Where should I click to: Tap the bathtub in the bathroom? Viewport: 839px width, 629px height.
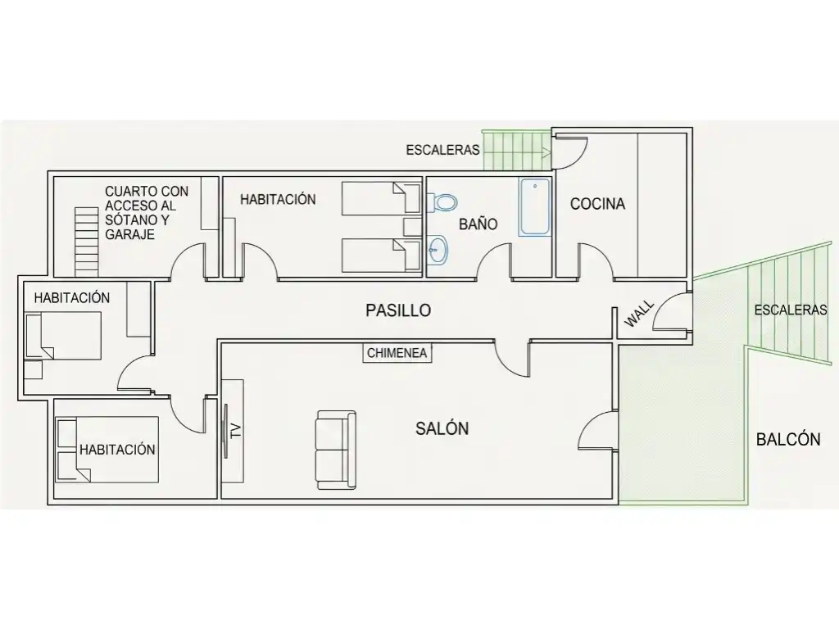coord(534,206)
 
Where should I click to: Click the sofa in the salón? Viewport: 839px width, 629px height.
coord(336,450)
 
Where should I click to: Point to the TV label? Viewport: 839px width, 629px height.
coord(235,431)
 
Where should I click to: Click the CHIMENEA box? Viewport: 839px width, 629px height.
coord(397,353)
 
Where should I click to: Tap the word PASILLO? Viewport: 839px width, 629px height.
coord(398,310)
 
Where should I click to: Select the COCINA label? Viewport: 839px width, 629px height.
coord(597,204)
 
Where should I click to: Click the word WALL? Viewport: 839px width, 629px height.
coord(639,314)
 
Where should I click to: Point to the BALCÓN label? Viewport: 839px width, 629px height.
coord(788,439)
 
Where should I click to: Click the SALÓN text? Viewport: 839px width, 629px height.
coord(442,428)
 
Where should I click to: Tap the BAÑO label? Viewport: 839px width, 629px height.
coord(478,224)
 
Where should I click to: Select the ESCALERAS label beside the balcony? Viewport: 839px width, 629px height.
coord(791,310)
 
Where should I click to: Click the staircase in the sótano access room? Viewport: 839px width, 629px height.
coord(87,242)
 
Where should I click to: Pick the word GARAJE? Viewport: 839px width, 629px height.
coord(129,234)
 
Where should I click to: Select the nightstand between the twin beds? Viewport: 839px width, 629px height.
coord(413,227)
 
